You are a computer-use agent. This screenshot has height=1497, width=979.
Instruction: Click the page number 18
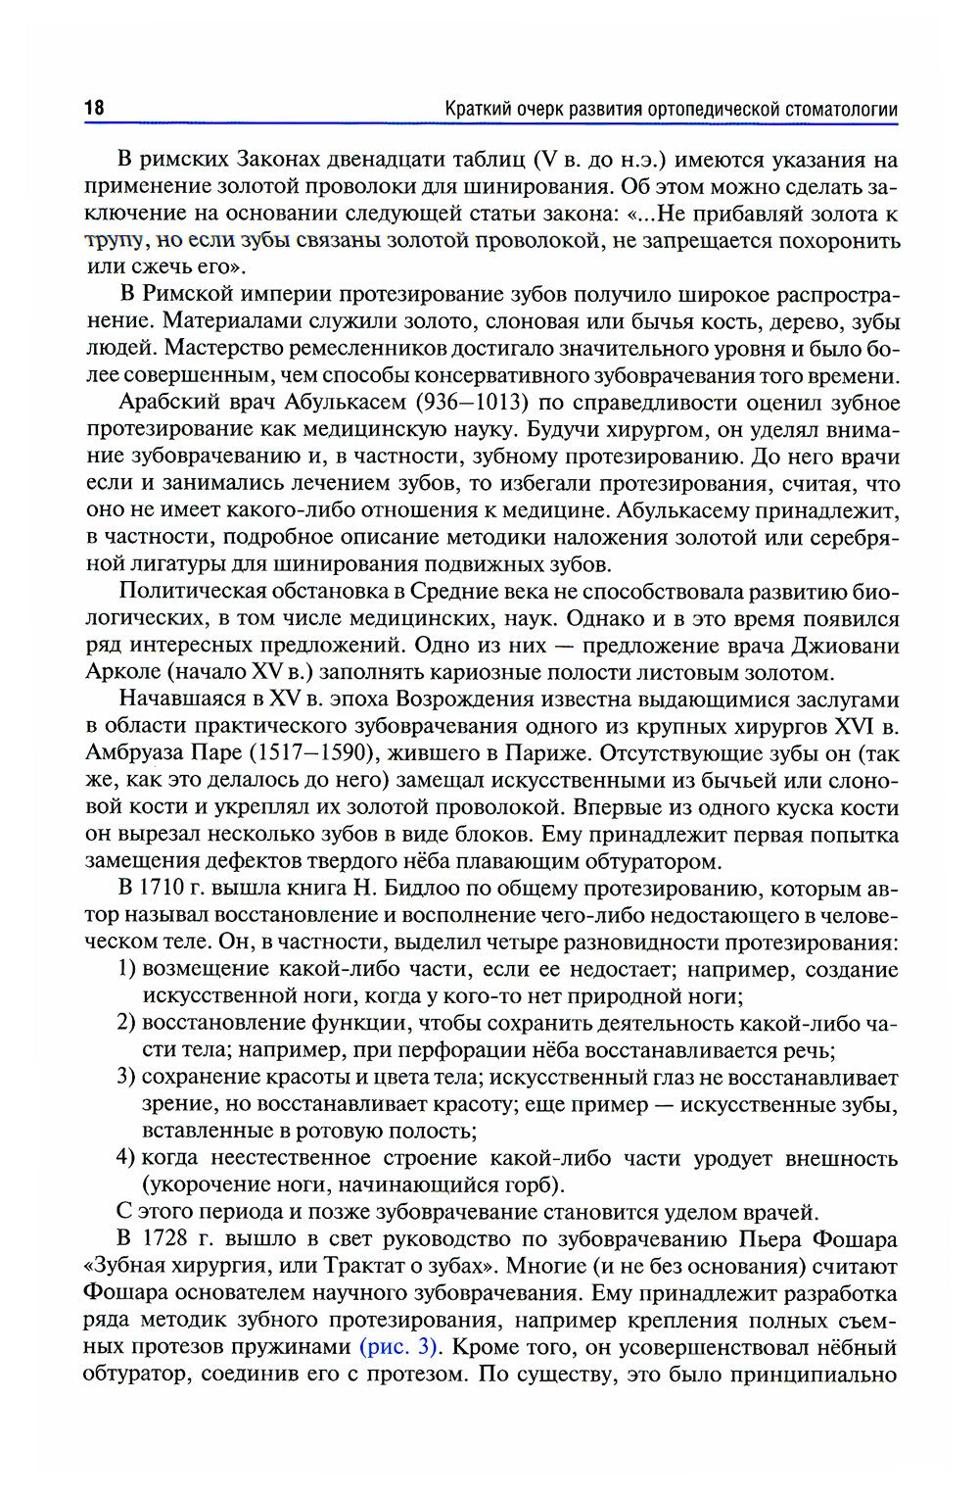point(94,108)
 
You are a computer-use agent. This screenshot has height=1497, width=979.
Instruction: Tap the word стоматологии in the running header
point(841,109)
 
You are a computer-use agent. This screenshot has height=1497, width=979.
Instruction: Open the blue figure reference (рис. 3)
point(398,1346)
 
